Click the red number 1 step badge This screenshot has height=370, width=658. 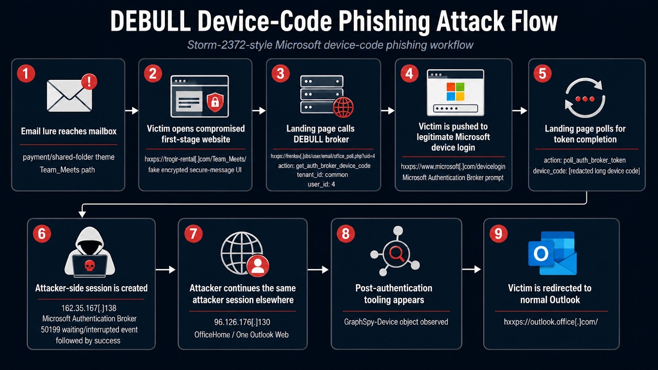26,74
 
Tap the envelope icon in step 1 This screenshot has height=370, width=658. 70,96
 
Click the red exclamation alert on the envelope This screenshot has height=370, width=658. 89,81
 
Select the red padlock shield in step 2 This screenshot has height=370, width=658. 215,102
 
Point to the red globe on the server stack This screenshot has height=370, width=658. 343,107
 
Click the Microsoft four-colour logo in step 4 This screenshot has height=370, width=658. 455,91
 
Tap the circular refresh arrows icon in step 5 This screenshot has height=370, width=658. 585,98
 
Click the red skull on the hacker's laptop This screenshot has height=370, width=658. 90,266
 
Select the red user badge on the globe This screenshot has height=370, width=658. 258,266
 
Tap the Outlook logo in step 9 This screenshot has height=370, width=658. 552,253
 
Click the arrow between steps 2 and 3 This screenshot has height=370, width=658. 259,111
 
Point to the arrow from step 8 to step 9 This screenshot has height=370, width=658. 471,269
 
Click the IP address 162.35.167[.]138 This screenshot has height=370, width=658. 89,308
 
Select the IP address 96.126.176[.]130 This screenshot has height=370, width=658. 242,322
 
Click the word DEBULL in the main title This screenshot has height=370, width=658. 151,21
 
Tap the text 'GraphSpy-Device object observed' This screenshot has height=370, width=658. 396,322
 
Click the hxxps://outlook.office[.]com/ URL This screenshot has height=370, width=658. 551,322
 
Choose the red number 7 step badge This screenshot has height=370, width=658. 193,234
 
